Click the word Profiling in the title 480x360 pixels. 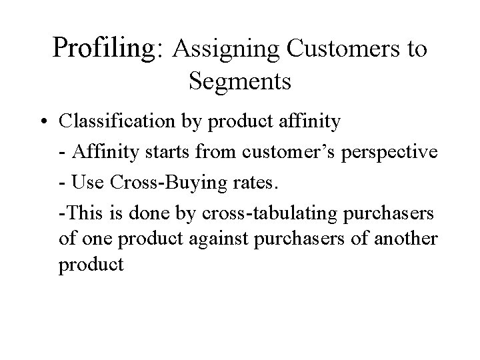pos(109,48)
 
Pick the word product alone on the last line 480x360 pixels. pos(91,265)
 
